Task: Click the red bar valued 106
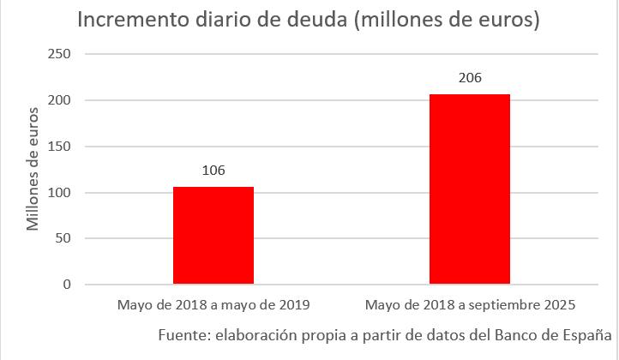coord(213,235)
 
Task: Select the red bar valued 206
coord(470,189)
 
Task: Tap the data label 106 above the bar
coord(213,171)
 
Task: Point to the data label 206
coord(470,78)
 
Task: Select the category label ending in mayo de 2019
coord(213,305)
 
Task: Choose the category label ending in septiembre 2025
coord(470,305)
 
